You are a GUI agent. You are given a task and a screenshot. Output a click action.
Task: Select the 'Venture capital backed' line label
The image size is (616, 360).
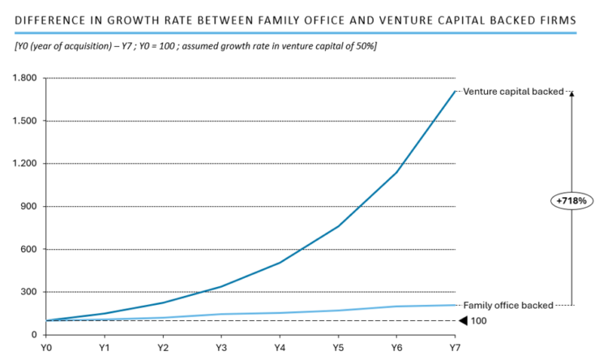[512, 92]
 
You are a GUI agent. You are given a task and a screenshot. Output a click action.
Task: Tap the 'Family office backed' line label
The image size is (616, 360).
[507, 306]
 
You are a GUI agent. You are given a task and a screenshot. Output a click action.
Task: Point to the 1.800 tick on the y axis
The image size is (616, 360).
[26, 78]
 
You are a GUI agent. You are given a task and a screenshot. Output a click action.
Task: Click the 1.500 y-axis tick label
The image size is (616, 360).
[26, 121]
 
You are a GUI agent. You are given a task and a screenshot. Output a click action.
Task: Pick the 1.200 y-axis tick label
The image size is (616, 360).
[26, 164]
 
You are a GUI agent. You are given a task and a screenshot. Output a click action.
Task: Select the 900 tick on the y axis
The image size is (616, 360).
[30, 207]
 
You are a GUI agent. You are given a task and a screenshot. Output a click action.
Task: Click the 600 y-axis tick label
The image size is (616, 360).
[30, 249]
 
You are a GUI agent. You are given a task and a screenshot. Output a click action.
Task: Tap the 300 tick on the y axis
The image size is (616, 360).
[30, 292]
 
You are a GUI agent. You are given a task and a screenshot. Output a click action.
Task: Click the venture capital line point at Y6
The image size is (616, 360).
[396, 172]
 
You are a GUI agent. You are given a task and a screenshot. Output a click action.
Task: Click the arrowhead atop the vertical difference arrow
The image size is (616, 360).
[571, 94]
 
